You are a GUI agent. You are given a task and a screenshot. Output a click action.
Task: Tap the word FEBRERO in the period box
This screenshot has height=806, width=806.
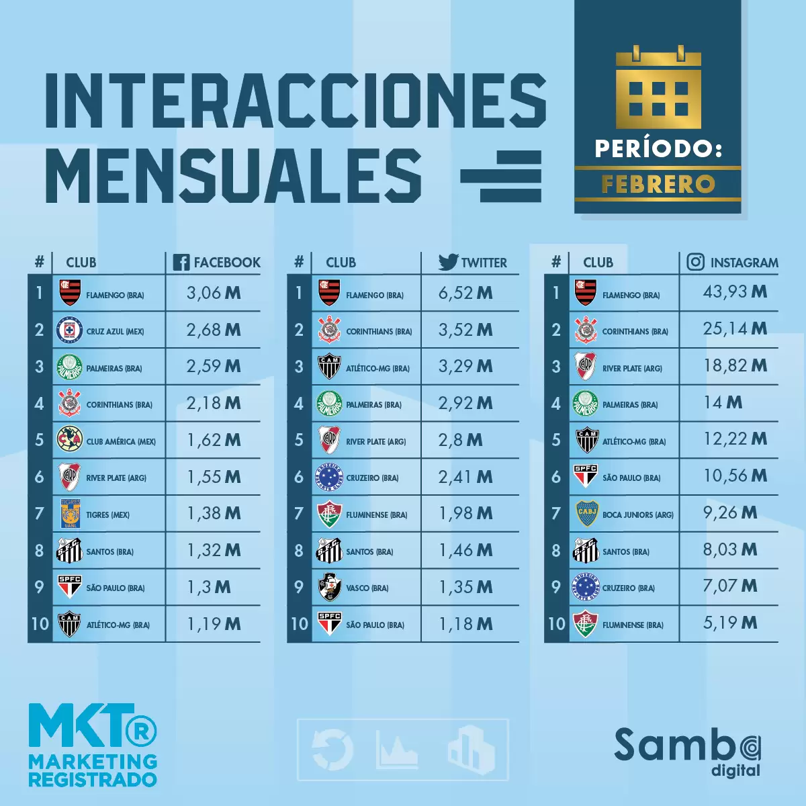coord(658,184)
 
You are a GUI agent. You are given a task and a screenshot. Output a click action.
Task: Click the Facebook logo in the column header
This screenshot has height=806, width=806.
coord(181,263)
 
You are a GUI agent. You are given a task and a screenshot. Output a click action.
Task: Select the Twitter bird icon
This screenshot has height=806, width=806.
coord(448,262)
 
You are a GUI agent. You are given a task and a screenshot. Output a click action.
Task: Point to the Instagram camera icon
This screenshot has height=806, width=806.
coord(696,262)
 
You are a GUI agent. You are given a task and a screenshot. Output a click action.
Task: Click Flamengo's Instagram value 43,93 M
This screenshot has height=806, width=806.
coord(735,292)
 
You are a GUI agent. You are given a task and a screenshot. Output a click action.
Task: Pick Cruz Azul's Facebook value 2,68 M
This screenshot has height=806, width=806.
coord(214,330)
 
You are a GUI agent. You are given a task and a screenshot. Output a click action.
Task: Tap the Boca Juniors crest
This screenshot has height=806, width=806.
coord(586,514)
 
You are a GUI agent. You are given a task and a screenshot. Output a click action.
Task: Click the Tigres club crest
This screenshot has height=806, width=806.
coord(70,514)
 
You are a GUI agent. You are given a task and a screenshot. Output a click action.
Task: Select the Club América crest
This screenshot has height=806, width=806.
coord(70,440)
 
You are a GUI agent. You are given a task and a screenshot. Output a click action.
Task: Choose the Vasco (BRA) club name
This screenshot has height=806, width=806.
coord(367,588)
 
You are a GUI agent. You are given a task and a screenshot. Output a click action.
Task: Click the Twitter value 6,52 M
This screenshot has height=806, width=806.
coord(465,293)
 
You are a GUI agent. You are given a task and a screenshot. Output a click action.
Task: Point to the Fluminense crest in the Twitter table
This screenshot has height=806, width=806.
coord(329,514)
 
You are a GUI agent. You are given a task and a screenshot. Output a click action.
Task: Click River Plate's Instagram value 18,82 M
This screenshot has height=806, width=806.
coord(735,366)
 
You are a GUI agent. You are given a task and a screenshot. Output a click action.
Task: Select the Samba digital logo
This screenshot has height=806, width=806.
coord(688,752)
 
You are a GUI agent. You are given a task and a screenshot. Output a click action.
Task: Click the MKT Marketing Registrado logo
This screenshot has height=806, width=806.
coord(93,746)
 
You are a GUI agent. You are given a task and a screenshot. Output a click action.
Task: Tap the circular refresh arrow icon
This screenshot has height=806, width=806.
coord(333,750)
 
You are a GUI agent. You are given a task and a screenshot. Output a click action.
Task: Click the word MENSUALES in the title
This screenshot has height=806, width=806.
coord(234,176)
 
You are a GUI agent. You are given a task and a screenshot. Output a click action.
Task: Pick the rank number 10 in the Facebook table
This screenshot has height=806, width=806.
coord(40,624)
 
